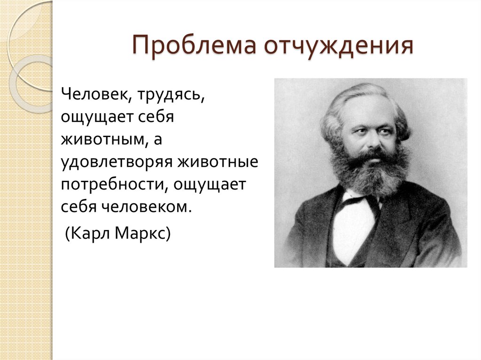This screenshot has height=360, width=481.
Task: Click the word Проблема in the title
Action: pyautogui.click(x=194, y=46)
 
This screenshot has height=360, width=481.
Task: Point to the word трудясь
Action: pyautogui.click(x=171, y=96)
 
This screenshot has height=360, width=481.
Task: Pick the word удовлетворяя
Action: pyautogui.click(x=116, y=162)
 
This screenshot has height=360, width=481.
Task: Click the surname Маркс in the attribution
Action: pyautogui.click(x=140, y=234)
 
